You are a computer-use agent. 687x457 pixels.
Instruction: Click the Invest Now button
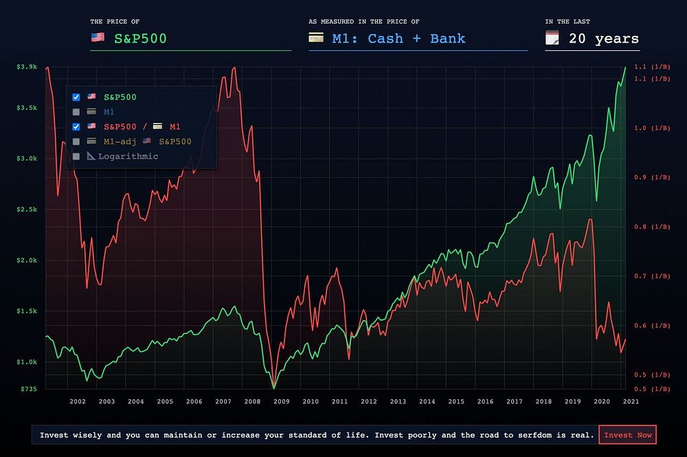pyautogui.click(x=627, y=435)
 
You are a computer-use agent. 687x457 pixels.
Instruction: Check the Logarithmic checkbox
pyautogui.click(x=76, y=157)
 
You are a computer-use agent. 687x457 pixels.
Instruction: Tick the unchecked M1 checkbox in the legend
pyautogui.click(x=76, y=111)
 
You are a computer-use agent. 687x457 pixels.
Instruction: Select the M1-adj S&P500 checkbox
pyautogui.click(x=76, y=142)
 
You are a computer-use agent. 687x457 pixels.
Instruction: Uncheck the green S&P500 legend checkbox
pyautogui.click(x=76, y=97)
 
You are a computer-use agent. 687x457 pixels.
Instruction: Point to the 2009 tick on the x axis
pyautogui.click(x=281, y=401)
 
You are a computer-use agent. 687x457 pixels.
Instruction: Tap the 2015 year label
pyautogui.click(x=456, y=401)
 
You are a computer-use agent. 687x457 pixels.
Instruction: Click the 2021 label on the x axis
pyautogui.click(x=631, y=401)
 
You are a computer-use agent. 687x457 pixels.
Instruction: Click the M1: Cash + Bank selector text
pyautogui.click(x=398, y=38)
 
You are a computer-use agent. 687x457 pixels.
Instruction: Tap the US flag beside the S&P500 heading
pyautogui.click(x=98, y=38)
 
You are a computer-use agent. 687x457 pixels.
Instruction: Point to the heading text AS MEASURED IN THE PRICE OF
pyautogui.click(x=364, y=22)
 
